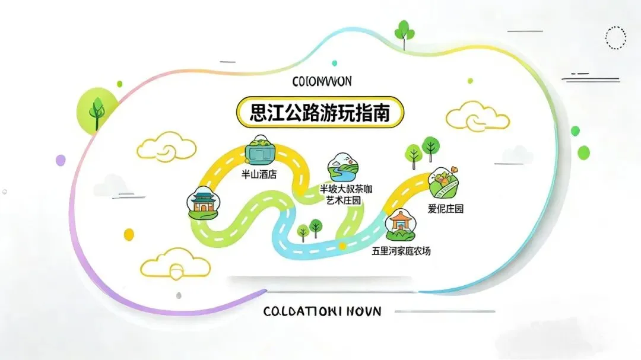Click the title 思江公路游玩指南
pyautogui.click(x=320, y=113)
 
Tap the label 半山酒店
pyautogui.click(x=259, y=175)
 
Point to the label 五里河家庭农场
pyautogui.click(x=401, y=251)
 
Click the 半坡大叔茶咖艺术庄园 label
pyautogui.click(x=344, y=195)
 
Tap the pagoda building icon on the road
pyautogui.click(x=201, y=202)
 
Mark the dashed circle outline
pyautogui.click(x=615, y=37)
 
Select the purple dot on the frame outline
pyautogui.click(x=61, y=160)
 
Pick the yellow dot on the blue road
pyautogui.click(x=342, y=245)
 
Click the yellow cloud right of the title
pyautogui.click(x=477, y=116)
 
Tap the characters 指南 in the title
pyautogui.click(x=371, y=113)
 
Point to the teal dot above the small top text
pyautogui.click(x=335, y=63)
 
